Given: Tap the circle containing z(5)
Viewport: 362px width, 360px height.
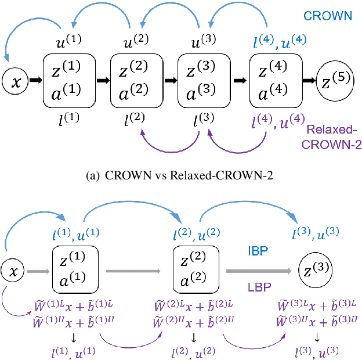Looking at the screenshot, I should [x=336, y=81].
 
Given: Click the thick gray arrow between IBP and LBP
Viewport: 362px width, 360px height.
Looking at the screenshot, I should [x=258, y=271].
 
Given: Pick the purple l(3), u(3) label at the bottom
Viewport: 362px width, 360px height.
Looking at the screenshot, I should [x=317, y=351].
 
